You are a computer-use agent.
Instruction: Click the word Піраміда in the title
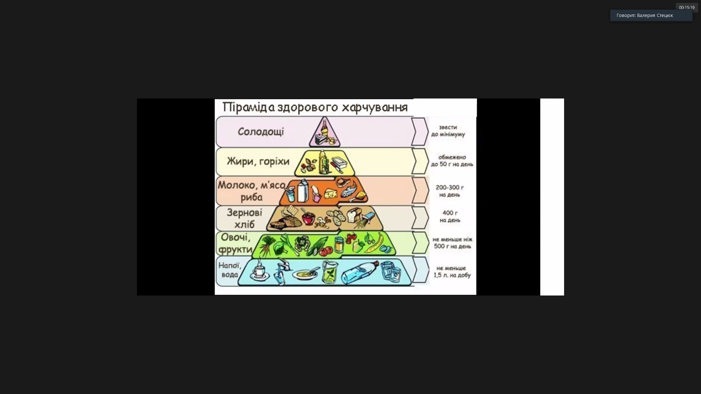(248, 107)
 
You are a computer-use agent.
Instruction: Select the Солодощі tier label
(261, 131)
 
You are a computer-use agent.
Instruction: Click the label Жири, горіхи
(258, 161)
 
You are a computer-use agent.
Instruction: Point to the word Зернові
(244, 212)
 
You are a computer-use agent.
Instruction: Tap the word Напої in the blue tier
(229, 265)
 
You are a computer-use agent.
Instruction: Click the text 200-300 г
(449, 188)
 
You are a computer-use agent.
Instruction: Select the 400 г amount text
(450, 213)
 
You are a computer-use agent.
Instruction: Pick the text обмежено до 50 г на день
(452, 161)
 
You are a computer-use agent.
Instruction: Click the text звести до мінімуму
(448, 131)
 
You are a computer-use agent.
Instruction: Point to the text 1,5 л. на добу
(452, 275)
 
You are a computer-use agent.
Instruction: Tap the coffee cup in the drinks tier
(259, 270)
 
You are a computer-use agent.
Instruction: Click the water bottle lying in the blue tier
(360, 273)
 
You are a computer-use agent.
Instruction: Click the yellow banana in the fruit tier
(376, 243)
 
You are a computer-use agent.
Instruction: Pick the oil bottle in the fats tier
(323, 162)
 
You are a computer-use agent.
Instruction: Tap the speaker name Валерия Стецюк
(655, 15)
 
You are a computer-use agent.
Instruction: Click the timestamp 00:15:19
(686, 8)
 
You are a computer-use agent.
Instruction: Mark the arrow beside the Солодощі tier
(420, 131)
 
